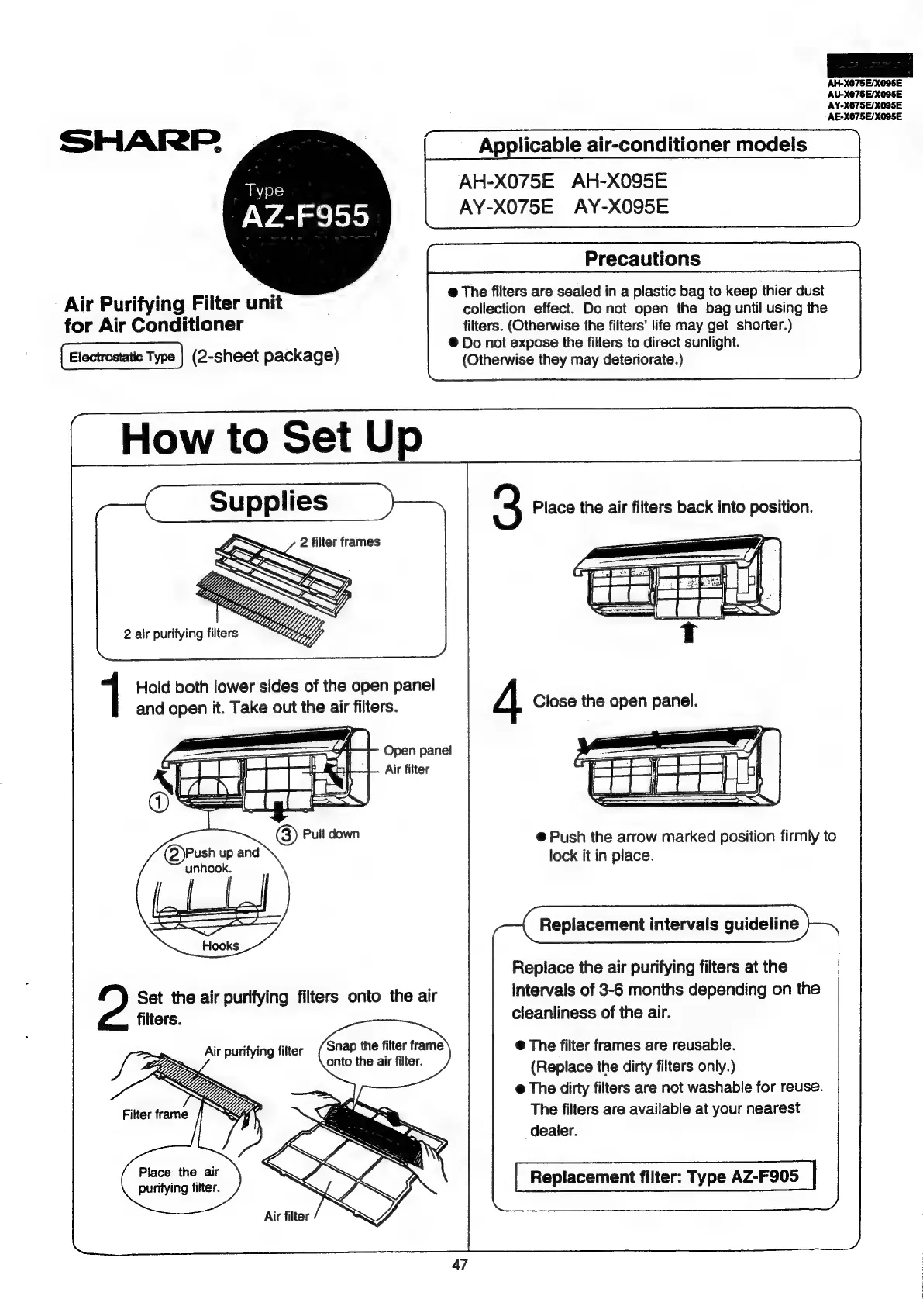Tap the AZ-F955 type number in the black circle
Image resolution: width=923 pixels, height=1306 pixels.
(306, 216)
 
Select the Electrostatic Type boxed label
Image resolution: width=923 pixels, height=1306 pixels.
(122, 357)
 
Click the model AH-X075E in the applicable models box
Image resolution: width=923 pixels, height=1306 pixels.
(506, 181)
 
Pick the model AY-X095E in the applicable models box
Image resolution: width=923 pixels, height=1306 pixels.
(622, 207)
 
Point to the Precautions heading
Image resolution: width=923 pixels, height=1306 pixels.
(642, 258)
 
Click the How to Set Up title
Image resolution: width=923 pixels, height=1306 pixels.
(271, 437)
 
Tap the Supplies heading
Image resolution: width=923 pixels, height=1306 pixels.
(268, 501)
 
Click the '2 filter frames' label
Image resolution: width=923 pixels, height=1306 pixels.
(339, 542)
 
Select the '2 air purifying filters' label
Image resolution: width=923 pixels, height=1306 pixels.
(181, 634)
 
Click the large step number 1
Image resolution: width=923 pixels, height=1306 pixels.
(114, 696)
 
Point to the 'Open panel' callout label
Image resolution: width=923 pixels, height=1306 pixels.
(417, 750)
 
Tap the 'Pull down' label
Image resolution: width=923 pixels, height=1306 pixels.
(331, 834)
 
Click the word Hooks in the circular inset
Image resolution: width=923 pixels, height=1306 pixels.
(220, 945)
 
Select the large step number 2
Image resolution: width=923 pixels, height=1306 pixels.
(114, 1007)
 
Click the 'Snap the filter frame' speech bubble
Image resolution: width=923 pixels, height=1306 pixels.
(384, 1052)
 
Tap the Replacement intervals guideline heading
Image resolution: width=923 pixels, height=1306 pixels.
(668, 924)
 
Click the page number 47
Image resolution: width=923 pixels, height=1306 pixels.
(460, 1265)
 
